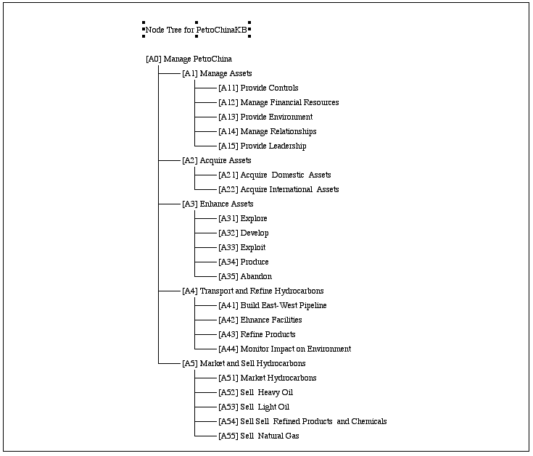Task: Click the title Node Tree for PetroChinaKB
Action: [196, 30]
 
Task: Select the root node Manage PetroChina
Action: [189, 59]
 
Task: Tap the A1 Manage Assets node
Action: [218, 73]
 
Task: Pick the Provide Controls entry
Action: [258, 88]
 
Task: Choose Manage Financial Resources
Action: [278, 103]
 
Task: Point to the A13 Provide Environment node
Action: [265, 117]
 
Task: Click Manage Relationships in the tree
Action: [268, 131]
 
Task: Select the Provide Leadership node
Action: [263, 146]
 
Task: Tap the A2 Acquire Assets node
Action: [217, 160]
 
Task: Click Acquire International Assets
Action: [278, 189]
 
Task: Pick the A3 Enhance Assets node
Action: [218, 204]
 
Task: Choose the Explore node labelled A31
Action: [243, 218]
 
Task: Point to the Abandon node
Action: [245, 276]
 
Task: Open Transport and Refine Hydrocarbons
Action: [253, 291]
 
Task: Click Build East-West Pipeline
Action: [273, 305]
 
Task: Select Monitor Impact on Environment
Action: [285, 349]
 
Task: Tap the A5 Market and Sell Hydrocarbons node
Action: [244, 364]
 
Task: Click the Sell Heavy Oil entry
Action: [255, 392]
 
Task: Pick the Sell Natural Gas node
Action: [259, 436]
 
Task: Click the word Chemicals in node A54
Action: [369, 421]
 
